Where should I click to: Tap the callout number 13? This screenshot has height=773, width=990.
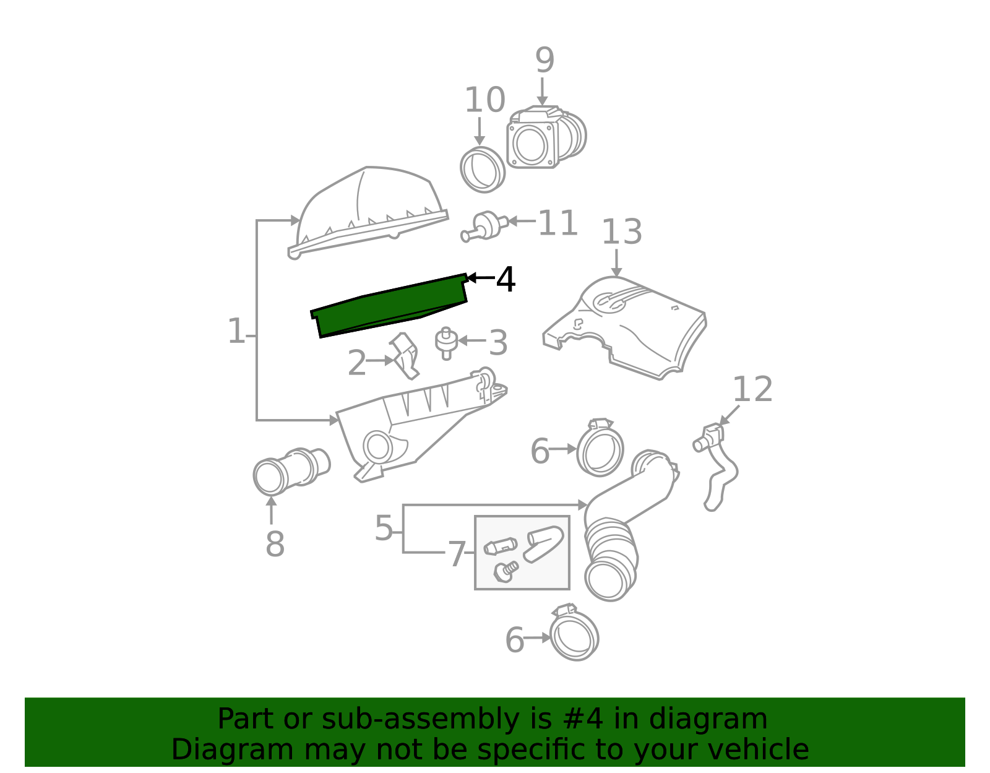tap(622, 231)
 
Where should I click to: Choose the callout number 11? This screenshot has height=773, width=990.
tap(558, 223)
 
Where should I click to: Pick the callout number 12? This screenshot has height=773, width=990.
tap(752, 389)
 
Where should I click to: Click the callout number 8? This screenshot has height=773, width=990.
tap(275, 544)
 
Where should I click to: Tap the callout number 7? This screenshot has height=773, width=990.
tap(457, 554)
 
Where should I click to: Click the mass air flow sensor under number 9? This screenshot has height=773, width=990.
tap(546, 137)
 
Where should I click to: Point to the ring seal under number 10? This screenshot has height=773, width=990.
tap(483, 170)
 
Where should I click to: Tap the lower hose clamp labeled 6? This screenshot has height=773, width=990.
tap(574, 633)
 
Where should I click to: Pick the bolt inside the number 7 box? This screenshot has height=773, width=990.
tap(506, 571)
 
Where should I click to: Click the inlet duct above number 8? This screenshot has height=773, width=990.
tap(291, 472)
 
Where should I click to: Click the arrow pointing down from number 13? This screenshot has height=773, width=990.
tap(616, 263)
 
